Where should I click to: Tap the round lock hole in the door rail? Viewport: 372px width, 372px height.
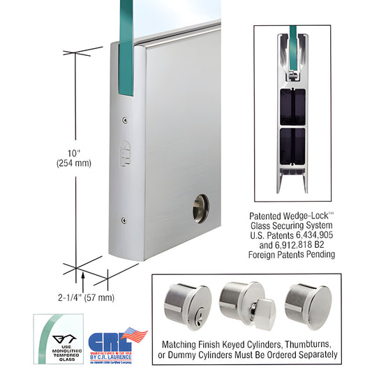pos(200,207)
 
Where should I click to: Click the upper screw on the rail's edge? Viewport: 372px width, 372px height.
pos(125,119)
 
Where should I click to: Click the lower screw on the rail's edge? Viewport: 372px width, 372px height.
pos(124,221)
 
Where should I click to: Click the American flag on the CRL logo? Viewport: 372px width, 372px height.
pos(135,334)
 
